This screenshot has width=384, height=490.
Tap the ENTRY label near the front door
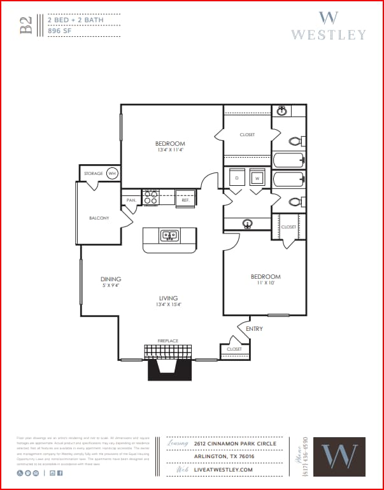point(254,329)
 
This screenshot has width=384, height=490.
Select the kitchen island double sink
point(169,235)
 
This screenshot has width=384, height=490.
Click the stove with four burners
point(151,198)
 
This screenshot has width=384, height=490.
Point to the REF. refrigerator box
point(185,200)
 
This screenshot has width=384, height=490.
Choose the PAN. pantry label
point(131,200)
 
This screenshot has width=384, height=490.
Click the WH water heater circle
point(112,173)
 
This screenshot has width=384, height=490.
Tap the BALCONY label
point(99,218)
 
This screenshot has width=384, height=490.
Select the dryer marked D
point(236,178)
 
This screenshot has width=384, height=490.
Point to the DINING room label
point(111,279)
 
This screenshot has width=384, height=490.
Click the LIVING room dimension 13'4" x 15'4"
point(169,305)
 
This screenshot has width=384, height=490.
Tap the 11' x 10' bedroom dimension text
point(266,284)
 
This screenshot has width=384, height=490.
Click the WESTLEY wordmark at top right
point(329,34)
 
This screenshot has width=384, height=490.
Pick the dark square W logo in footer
point(339,456)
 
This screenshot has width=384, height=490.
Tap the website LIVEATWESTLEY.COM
point(224,470)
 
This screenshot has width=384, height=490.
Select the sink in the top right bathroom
point(281,111)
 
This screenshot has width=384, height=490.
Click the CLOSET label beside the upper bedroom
point(247,135)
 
